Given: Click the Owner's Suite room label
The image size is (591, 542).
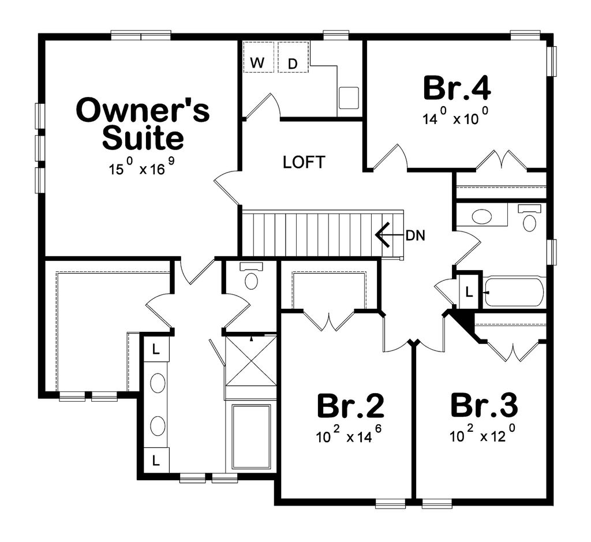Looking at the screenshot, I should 143,124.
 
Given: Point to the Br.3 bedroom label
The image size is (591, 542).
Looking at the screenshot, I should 484,406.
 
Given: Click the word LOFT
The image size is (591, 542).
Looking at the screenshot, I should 304,162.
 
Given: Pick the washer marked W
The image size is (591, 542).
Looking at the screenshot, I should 257,63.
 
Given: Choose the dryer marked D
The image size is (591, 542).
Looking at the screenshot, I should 292,63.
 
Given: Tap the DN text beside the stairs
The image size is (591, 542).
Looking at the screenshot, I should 415,236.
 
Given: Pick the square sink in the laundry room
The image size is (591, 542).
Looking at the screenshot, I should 349,98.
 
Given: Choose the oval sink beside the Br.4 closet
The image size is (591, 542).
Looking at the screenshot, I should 482,217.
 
